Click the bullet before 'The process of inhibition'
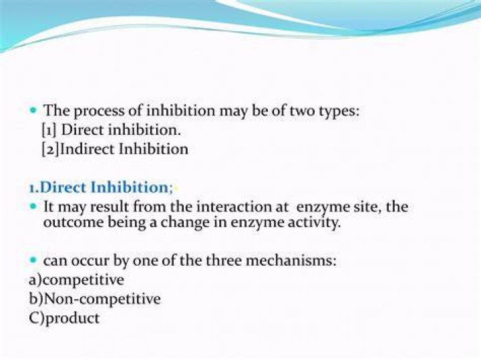click(x=33, y=110)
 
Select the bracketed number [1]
click(x=49, y=130)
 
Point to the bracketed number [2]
click(x=49, y=150)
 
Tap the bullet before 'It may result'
click(x=33, y=206)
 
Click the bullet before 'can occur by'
click(x=33, y=260)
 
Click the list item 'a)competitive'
click(x=76, y=280)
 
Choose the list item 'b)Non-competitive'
click(x=95, y=299)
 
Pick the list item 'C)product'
click(x=64, y=319)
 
